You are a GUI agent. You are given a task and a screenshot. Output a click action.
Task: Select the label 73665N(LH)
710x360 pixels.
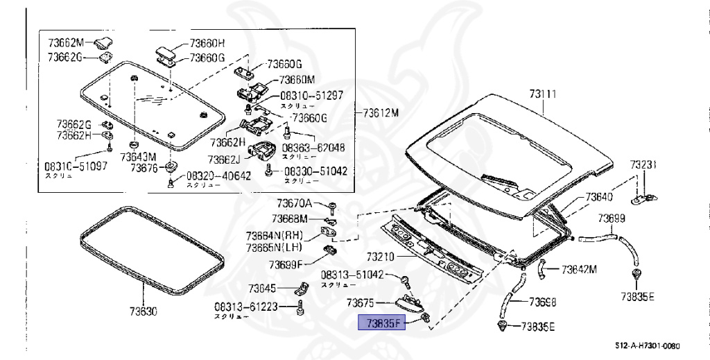coord(272,247)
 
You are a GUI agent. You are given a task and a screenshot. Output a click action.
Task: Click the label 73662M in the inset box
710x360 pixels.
coord(66,42)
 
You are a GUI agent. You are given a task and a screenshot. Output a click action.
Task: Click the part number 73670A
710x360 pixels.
coord(295,203)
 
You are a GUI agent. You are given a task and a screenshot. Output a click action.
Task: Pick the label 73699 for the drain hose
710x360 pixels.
coord(612,218)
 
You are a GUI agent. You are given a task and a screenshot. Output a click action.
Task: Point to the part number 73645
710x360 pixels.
coord(263,288)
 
